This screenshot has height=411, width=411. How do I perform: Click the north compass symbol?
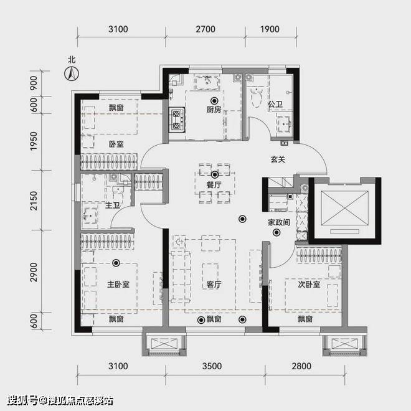72,73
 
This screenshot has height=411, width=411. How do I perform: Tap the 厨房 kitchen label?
214,110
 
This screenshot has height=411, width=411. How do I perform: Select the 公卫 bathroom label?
275,105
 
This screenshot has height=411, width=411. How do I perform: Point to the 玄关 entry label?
278,159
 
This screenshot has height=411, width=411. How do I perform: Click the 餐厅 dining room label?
214,185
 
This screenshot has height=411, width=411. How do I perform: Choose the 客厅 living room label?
214,284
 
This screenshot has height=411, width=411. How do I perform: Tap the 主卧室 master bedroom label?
118,284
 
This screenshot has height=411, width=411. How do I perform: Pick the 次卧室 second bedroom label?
309,284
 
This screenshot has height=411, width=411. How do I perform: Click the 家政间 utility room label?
278,222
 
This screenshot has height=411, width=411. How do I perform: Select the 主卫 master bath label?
112,205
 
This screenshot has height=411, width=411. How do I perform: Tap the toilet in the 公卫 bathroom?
257,97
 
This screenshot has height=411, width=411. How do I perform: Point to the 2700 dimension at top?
205,29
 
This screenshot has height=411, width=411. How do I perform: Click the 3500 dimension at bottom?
212,366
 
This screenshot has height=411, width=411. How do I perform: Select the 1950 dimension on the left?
34,141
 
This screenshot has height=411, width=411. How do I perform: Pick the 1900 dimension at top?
270,29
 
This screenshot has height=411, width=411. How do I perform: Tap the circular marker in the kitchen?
214,101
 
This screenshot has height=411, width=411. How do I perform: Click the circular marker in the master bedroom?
116,263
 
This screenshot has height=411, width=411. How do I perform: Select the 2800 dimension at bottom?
301,366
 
